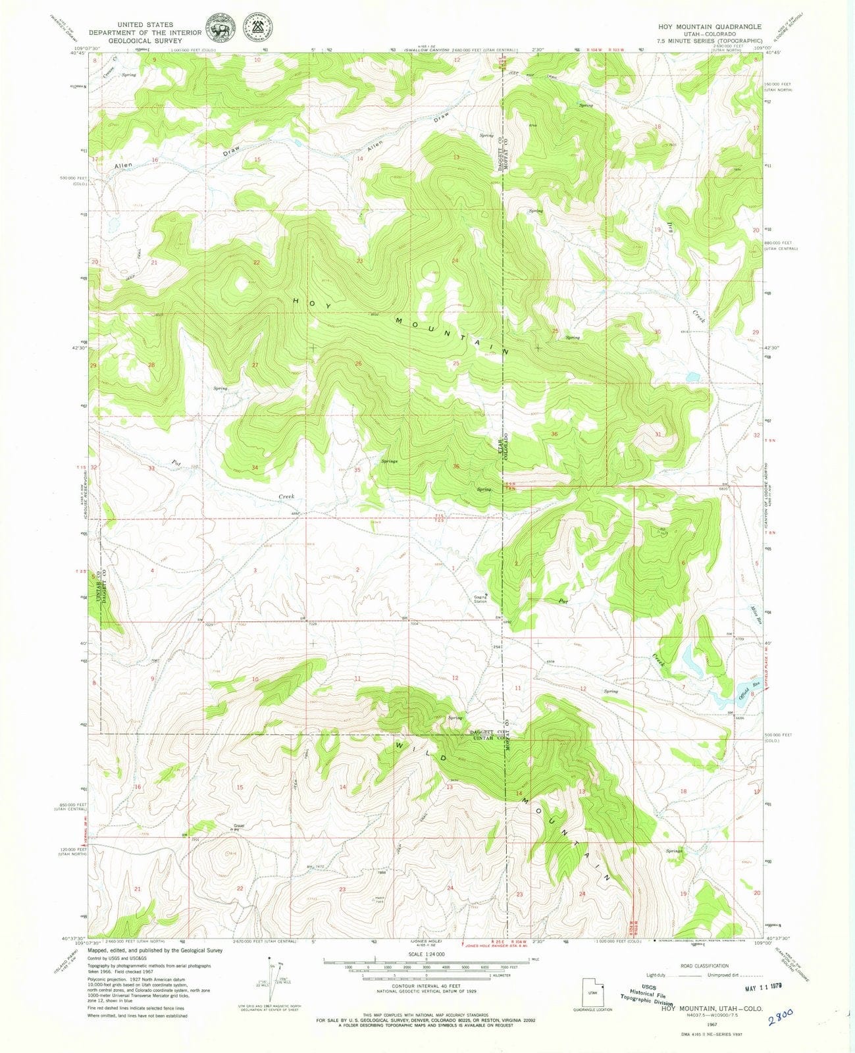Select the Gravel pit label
pos(238,828)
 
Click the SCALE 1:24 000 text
pos(427,954)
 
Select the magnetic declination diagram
pos(272,981)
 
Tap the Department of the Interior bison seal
pos(222,29)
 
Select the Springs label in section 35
pos(389,461)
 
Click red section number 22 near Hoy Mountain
pos(257,263)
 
